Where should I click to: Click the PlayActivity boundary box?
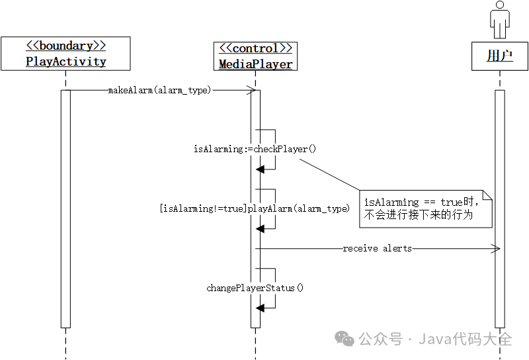[65, 54]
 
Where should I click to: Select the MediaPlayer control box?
[255, 56]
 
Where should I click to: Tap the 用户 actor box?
[499, 56]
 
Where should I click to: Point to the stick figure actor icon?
[499, 20]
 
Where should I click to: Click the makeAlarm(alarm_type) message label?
[159, 90]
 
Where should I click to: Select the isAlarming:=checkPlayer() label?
[255, 149]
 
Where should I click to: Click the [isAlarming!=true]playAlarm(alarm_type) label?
[255, 208]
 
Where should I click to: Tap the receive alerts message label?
[377, 248]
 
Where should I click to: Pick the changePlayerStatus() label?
[255, 288]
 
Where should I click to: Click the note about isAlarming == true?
[427, 208]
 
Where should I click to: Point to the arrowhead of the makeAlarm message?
[252, 90]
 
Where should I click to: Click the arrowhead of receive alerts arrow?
[495, 248]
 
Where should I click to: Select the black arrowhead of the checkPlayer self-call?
[261, 169]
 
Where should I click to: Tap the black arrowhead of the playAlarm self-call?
[261, 229]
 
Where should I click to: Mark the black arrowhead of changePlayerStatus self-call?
[261, 308]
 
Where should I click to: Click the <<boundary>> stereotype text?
[65, 46]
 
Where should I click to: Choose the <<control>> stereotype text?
[255, 49]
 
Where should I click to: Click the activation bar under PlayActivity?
[65, 208]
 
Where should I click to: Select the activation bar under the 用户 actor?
[499, 208]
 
